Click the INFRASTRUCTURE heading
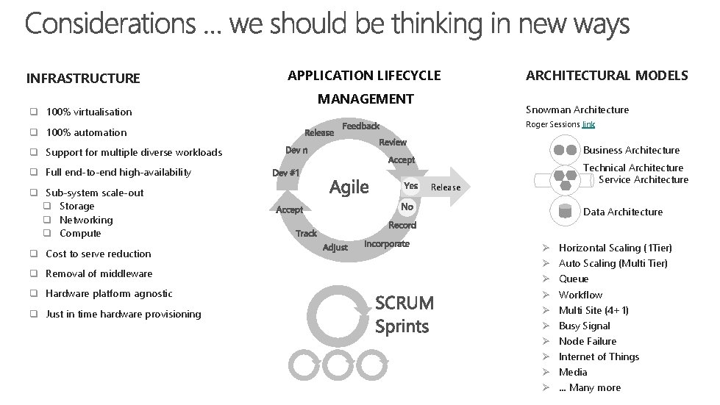pos(82,78)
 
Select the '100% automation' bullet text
pos(86,132)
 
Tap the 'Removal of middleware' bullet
pos(99,273)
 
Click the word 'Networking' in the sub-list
pos(86,220)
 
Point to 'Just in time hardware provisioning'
pos(123,314)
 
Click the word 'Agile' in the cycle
pos(349,187)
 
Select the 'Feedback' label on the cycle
pos(360,126)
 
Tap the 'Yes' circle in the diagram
pos(411,186)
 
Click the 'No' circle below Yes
pos(407,207)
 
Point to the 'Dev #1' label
pos(285,173)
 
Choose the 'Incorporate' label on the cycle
pos(386,243)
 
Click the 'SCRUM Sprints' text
pos(404,314)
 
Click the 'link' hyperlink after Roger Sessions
pos(588,124)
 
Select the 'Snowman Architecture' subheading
pos(577,110)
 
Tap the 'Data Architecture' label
pos(622,212)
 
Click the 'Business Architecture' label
pos(631,150)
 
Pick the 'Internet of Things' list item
pos(599,356)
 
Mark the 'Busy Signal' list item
pos(584,326)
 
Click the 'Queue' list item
pos(574,279)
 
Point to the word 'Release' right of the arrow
pos(446,187)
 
